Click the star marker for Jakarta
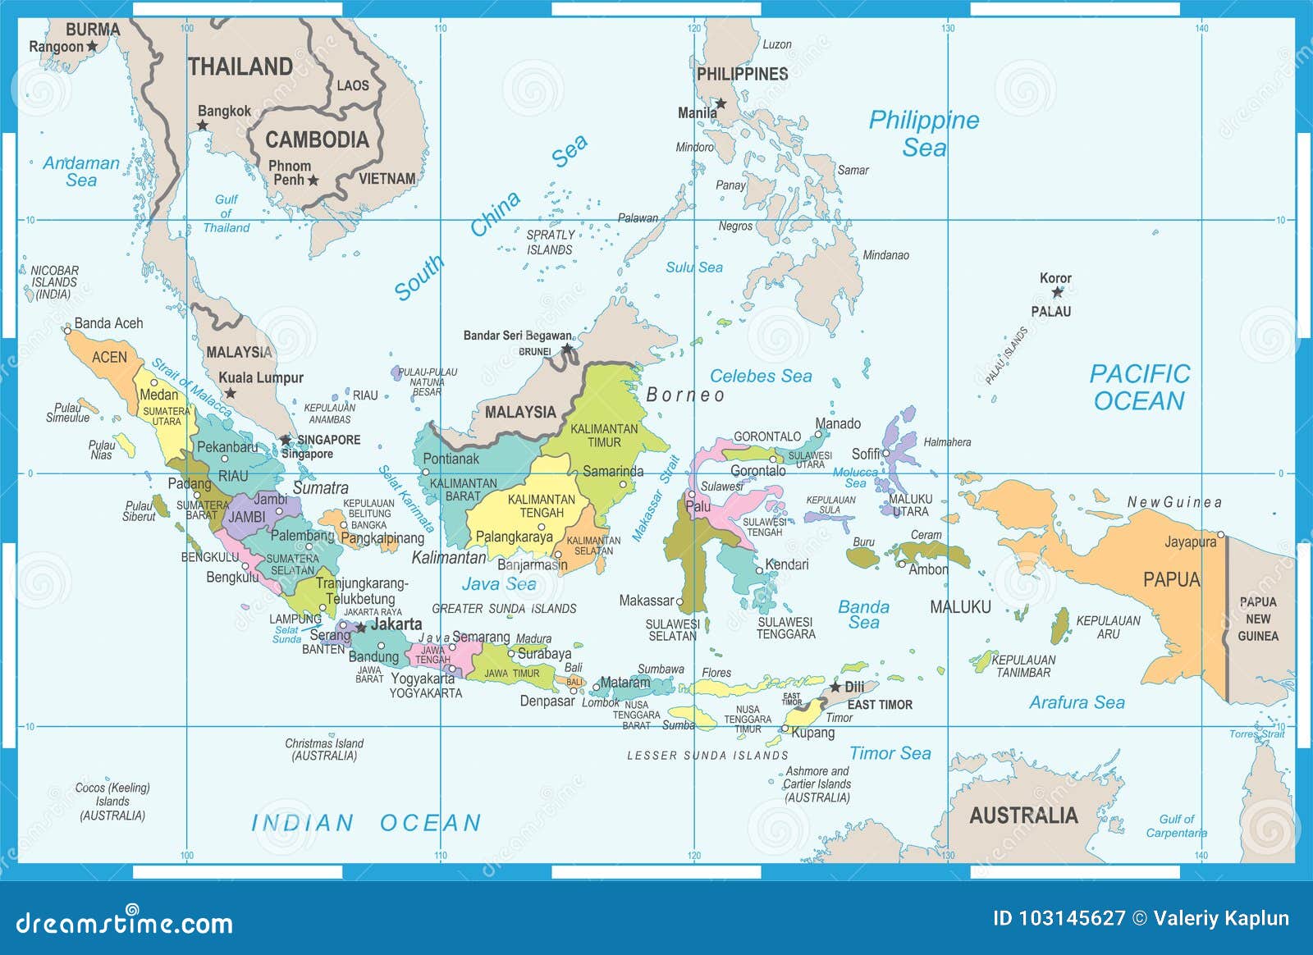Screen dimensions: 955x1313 point(360,627)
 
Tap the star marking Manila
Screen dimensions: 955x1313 point(721,103)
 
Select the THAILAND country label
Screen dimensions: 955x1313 point(240,66)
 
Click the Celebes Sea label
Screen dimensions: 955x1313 point(761,376)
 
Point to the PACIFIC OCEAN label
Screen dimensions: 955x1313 point(1139,387)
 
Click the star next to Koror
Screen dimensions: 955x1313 point(1057,292)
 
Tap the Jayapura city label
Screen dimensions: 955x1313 point(1190,541)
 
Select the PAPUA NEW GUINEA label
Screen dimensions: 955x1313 point(1258,619)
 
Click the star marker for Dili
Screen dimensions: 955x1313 point(835,686)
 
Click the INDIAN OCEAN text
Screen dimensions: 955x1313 point(366,823)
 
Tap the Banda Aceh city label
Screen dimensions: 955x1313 point(108,323)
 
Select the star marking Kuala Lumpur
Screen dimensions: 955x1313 point(231,393)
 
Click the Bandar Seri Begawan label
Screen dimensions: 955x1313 point(518,336)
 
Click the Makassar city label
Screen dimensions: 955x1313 point(646,601)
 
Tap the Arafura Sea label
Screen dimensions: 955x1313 point(1077,702)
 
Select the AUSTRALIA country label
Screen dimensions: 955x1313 point(1023,816)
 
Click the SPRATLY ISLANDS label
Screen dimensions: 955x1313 point(550,242)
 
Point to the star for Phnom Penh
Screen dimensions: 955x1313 point(313,180)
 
